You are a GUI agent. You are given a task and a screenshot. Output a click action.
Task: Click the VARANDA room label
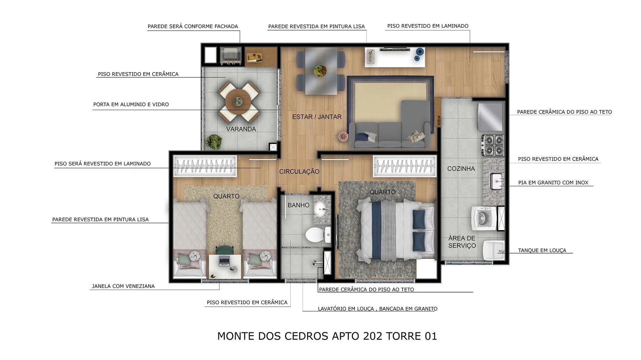click(x=241, y=129)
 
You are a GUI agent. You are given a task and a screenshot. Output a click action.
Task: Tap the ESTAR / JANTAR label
click(x=317, y=117)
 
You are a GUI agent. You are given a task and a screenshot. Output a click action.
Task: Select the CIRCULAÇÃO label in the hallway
click(x=299, y=171)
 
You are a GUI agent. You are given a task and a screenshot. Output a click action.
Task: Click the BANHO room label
click(x=298, y=205)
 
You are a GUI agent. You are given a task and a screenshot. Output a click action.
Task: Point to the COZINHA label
click(x=461, y=168)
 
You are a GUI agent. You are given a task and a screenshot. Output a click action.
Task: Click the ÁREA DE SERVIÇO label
click(x=462, y=242)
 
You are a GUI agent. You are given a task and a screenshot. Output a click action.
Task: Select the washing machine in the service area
click(x=483, y=218)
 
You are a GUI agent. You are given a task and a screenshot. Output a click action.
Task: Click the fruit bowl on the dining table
click(x=320, y=71)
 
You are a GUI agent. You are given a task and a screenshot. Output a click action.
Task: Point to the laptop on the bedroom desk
click(x=224, y=261)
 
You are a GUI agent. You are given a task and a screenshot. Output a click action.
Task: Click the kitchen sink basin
click(x=497, y=182)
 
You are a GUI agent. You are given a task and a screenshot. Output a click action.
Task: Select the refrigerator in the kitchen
click(x=490, y=116)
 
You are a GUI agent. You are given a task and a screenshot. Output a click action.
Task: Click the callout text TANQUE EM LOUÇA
click(x=542, y=250)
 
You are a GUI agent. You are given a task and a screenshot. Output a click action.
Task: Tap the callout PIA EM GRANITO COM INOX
click(x=553, y=183)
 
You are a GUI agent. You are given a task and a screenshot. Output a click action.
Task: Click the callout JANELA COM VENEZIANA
click(x=123, y=286)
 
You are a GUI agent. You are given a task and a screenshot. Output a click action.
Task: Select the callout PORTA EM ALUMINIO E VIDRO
click(x=131, y=104)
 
